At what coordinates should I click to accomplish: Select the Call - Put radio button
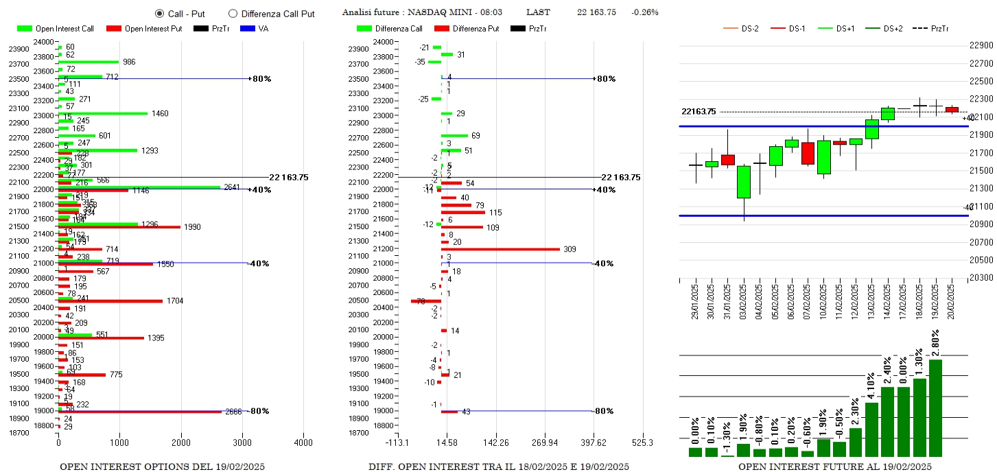[159, 13]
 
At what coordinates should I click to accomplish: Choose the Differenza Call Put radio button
[233, 13]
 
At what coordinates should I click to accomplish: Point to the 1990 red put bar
[119, 227]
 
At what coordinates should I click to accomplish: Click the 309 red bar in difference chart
[500, 249]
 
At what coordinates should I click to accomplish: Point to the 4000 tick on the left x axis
[303, 442]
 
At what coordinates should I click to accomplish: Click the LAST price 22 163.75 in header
[596, 12]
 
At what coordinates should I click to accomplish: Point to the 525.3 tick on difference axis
[642, 442]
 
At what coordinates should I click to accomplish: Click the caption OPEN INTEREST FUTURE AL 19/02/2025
[834, 467]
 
